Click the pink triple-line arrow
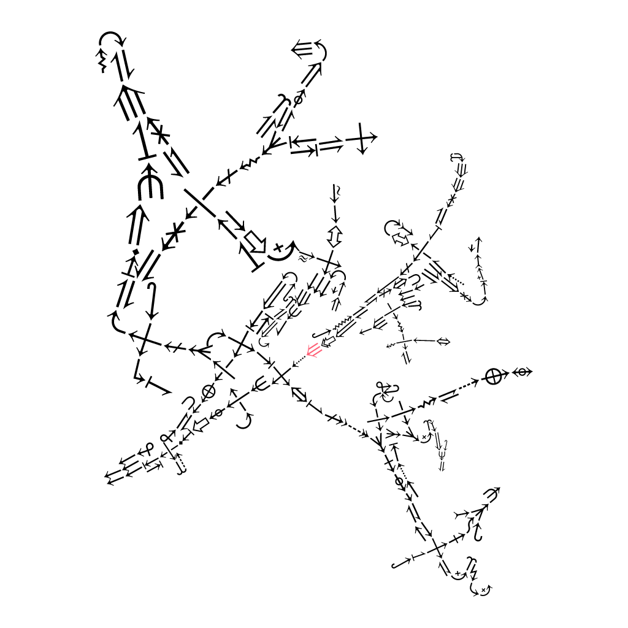pos(313,351)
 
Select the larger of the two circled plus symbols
pos(493,377)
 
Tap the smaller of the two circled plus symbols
pos(209,390)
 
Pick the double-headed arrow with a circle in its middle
pos(523,372)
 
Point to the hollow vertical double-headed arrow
pos(335,236)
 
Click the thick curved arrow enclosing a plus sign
pos(281,249)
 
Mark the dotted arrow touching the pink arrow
pos(299,362)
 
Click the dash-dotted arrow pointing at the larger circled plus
pos(470,385)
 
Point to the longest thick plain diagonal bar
pos(199,203)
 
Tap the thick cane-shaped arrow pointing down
pos(151,301)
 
